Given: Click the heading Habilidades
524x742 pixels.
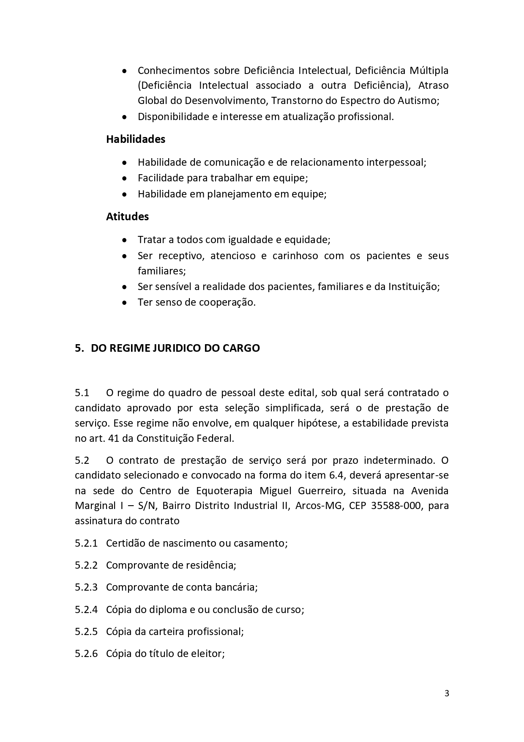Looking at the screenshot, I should (135, 139).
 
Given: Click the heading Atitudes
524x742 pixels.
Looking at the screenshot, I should (127, 216).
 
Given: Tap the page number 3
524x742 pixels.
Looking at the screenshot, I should (447, 693).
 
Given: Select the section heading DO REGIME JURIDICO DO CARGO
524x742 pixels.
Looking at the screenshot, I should (175, 348).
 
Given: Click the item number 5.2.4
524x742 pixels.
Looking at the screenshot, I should (86, 609).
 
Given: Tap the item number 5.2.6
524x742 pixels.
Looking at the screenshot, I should (86, 654).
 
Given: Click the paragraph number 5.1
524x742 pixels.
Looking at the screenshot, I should (82, 393).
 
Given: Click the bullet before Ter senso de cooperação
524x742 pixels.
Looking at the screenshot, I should (124, 303).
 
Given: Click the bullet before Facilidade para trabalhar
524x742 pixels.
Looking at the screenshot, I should (124, 178).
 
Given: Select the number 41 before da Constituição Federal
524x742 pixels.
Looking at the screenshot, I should (114, 438).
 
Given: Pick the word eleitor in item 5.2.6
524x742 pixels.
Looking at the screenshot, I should (209, 654).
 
